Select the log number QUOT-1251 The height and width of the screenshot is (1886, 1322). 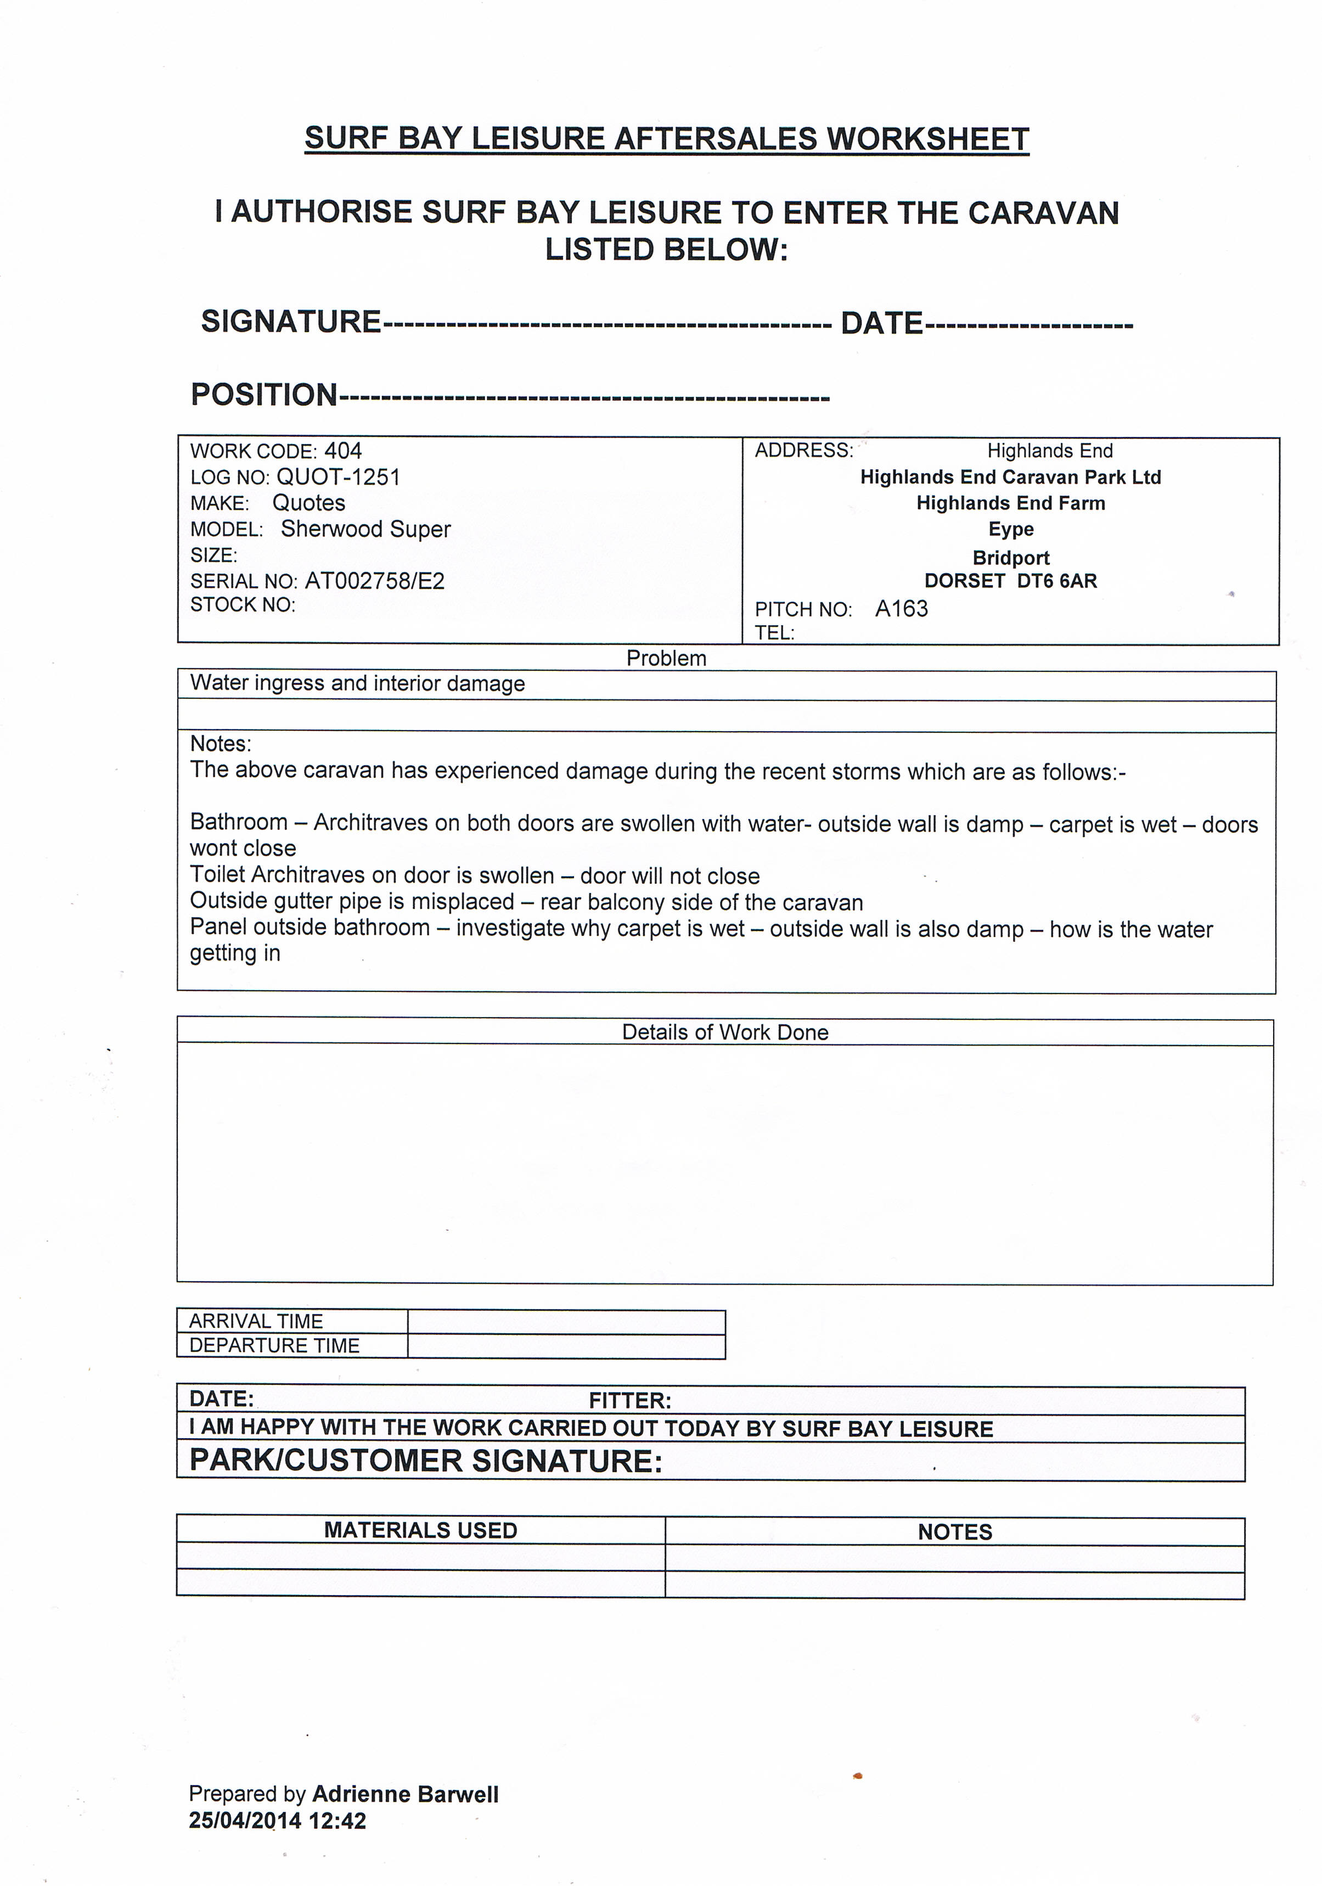point(337,476)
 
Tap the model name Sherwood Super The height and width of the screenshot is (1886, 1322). point(365,529)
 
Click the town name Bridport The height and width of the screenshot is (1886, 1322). point(1011,558)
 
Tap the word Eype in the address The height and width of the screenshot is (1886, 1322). point(1011,529)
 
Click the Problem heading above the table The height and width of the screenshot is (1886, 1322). point(666,658)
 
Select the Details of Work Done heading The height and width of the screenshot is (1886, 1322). point(724,1032)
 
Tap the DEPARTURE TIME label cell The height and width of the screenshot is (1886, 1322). point(274,1345)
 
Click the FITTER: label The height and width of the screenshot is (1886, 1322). point(630,1401)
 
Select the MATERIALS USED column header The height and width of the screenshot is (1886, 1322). point(420,1530)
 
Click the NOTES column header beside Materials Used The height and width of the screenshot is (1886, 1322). point(954,1531)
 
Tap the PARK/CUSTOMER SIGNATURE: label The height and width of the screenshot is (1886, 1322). point(425,1461)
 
